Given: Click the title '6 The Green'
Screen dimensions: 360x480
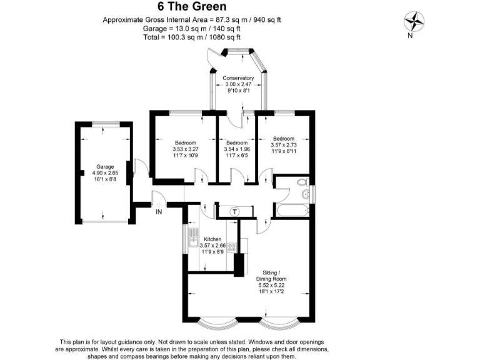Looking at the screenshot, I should click(192, 8).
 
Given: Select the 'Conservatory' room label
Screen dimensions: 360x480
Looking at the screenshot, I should click(239, 78).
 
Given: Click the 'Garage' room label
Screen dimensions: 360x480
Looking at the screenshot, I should click(104, 167).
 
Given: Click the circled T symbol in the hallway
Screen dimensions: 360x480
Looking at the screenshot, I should click(235, 211).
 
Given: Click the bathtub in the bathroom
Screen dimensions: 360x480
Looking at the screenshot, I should click(291, 210).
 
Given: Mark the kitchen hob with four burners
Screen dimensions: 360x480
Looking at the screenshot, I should click(232, 247).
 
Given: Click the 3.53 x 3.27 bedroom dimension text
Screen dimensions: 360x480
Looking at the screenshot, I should click(185, 149).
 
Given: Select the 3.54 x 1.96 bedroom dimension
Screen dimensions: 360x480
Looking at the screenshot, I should click(237, 149).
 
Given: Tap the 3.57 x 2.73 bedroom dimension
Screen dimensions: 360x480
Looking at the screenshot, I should click(284, 145).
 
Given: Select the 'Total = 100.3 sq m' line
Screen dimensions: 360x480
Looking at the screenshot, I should click(192, 37).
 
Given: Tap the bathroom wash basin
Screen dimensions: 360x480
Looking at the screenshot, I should click(306, 194).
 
